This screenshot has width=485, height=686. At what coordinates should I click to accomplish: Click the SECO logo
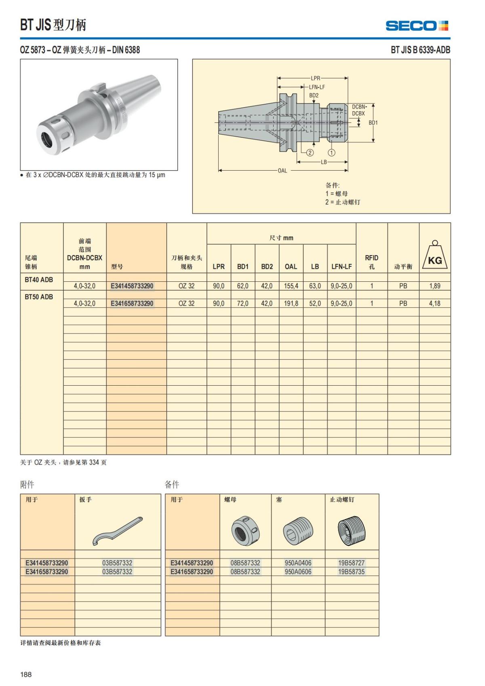[417, 26]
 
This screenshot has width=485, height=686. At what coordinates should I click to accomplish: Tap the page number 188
[26, 674]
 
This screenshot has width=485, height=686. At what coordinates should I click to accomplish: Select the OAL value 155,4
[291, 286]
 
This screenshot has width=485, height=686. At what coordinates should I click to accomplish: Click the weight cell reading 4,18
[434, 303]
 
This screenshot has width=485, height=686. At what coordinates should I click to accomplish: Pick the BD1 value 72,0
[242, 303]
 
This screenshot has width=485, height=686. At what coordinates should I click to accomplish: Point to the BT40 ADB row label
[39, 280]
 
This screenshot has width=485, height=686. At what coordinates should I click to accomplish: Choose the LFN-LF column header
[342, 266]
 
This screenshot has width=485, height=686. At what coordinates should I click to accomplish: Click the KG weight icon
[435, 256]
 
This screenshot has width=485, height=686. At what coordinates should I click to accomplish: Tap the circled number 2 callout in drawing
[310, 152]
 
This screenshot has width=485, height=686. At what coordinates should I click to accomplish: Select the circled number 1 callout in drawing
[331, 152]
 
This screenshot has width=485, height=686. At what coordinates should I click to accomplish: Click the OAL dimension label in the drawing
[283, 171]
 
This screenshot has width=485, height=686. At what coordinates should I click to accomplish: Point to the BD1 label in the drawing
[373, 122]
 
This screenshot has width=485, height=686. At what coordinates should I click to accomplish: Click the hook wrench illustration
[118, 531]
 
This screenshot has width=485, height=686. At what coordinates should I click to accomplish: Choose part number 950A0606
[298, 572]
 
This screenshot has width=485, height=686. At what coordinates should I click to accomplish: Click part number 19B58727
[351, 563]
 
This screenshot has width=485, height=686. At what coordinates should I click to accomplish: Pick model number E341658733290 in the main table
[132, 303]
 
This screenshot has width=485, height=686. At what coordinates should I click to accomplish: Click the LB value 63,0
[315, 286]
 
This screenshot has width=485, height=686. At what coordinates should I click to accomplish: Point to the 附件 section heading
[27, 484]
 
